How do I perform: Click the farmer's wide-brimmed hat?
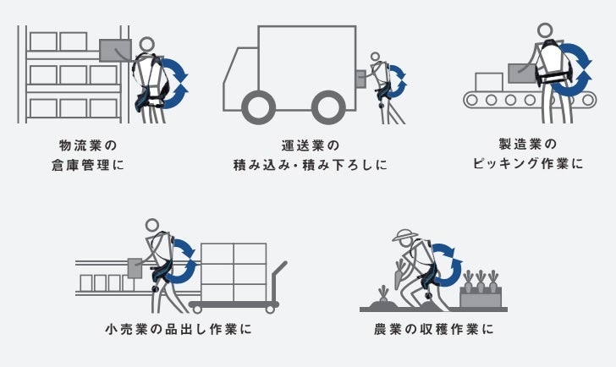[405, 235]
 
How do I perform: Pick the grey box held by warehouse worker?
[116, 50]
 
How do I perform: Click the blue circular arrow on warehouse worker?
[173, 82]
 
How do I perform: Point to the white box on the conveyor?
[488, 81]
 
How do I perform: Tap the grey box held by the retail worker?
[135, 267]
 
